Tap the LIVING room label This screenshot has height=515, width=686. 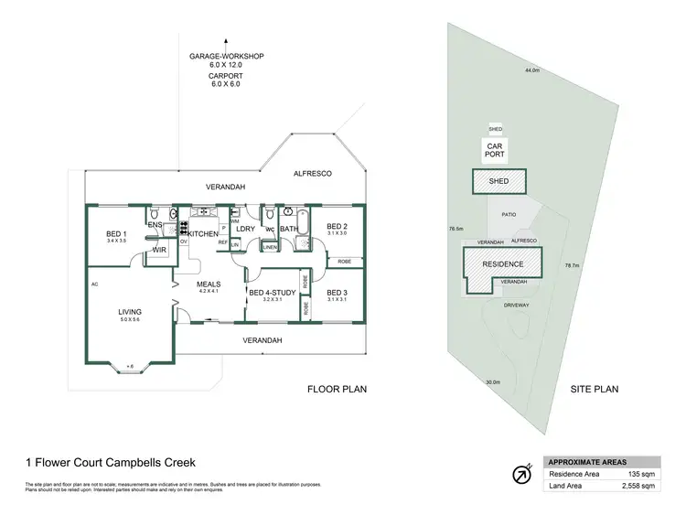point(130,312)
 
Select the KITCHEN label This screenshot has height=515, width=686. point(203,235)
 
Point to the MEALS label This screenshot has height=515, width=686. point(210,284)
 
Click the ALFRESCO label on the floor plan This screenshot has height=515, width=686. point(311,173)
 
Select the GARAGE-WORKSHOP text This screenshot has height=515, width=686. point(226,57)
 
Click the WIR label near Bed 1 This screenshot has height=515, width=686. point(158,249)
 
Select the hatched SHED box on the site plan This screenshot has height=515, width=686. point(498,181)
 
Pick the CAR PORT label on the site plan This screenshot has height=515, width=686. point(496,151)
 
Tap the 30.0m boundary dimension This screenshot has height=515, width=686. point(493,382)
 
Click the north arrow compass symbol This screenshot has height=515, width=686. point(520,475)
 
